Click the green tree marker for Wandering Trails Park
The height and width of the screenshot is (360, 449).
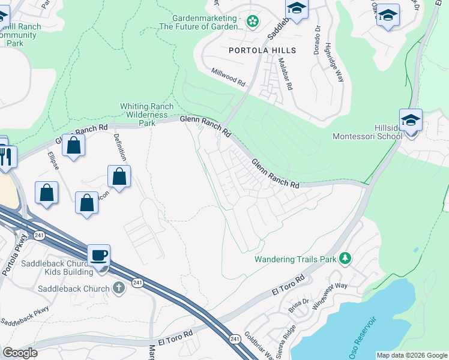coord(345,259)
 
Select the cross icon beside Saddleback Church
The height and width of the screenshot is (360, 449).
coord(119,288)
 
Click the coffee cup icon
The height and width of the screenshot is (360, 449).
coord(98,256)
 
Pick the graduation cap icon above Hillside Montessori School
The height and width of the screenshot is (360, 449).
coord(411,120)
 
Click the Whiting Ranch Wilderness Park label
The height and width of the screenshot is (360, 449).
coord(147,114)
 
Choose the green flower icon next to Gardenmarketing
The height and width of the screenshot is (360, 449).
coord(253,22)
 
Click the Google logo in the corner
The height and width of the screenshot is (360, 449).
coord(20,352)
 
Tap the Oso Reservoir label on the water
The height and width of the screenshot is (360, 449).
coord(367,334)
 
